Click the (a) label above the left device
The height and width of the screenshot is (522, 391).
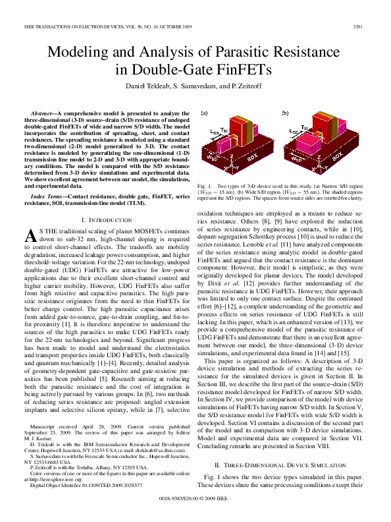click(203, 113)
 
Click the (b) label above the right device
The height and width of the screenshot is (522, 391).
click(284, 113)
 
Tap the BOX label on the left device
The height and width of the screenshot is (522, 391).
click(253, 158)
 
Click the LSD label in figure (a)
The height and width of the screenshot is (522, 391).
click(215, 132)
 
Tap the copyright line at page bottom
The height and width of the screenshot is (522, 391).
click(196, 500)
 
